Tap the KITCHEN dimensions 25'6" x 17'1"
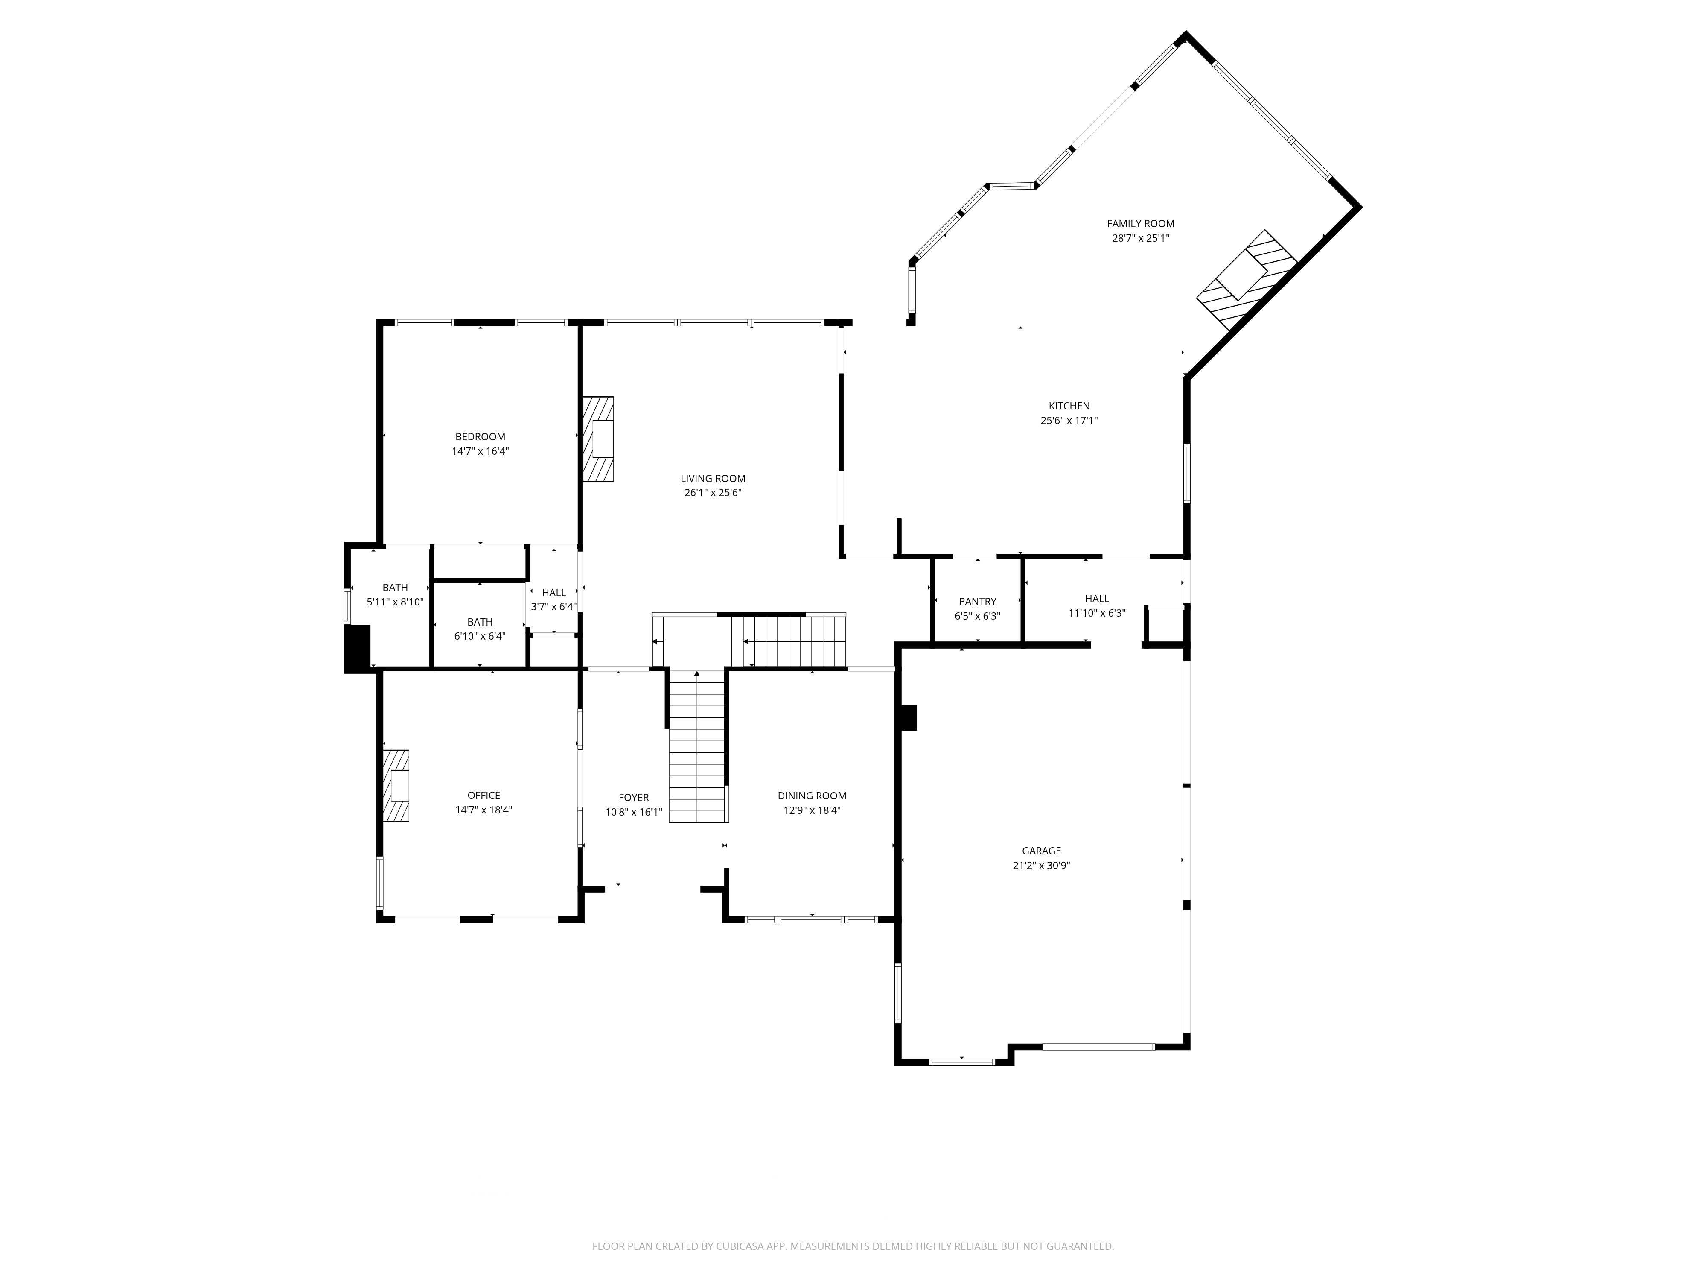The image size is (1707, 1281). click(x=1069, y=421)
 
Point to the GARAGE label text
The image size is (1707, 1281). click(x=1041, y=851)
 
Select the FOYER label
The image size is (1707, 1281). click(x=634, y=798)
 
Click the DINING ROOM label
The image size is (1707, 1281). click(x=811, y=796)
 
